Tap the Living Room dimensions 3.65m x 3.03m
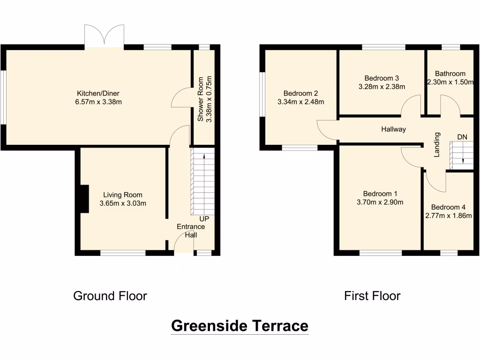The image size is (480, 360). click(x=123, y=203)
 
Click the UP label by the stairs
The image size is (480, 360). click(x=204, y=219)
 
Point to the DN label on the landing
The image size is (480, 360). click(x=462, y=137)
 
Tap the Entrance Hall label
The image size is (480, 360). click(x=190, y=231)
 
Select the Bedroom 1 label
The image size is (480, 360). click(x=380, y=194)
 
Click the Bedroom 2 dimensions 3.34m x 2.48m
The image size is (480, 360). click(x=300, y=102)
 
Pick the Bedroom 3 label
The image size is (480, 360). click(x=382, y=78)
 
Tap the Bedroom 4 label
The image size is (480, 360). click(x=449, y=207)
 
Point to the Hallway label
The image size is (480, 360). click(x=393, y=129)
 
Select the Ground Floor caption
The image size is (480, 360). click(x=110, y=296)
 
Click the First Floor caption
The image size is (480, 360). click(x=372, y=296)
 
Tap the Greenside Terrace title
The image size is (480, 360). click(x=240, y=325)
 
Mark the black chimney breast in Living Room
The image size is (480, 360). click(x=83, y=199)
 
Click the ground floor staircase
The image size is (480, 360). click(x=202, y=181)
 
